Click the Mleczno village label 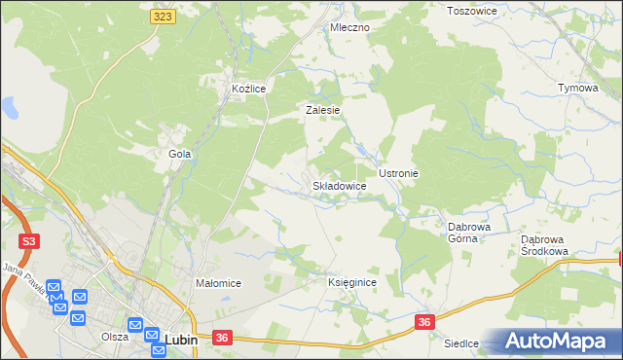pyautogui.click(x=349, y=27)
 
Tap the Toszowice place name pyautogui.click(x=471, y=11)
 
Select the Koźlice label pyautogui.click(x=249, y=89)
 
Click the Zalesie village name pyautogui.click(x=322, y=111)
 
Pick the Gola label pyautogui.click(x=180, y=154)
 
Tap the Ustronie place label pyautogui.click(x=398, y=173)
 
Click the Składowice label pyautogui.click(x=339, y=185)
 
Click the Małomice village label pyautogui.click(x=219, y=283)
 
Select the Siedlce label pyautogui.click(x=461, y=343)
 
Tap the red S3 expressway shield pyautogui.click(x=30, y=240)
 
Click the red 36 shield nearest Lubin pyautogui.click(x=223, y=338)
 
